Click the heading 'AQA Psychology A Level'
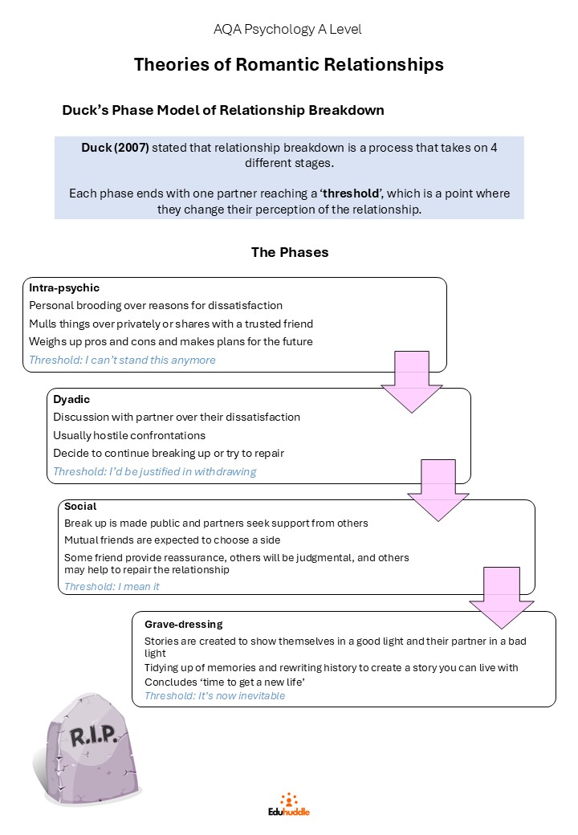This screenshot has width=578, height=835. [x=287, y=29]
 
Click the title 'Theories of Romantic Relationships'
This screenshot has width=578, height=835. [x=288, y=64]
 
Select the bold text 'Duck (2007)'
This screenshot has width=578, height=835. [x=115, y=148]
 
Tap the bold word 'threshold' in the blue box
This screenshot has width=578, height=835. [x=352, y=193]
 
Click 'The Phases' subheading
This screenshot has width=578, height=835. [x=290, y=252]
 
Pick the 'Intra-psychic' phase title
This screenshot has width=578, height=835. [x=64, y=288]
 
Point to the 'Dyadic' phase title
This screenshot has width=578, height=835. [x=71, y=399]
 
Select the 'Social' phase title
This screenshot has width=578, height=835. [x=80, y=506]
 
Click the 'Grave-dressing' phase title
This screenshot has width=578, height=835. [x=184, y=624]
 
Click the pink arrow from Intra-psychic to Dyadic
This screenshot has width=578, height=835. [x=411, y=381]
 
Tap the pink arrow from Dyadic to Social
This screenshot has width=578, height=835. [x=438, y=490]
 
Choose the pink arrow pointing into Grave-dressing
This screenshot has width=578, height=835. [x=502, y=597]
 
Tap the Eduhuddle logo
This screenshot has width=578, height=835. [x=289, y=804]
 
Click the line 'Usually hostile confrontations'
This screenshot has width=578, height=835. [x=129, y=436]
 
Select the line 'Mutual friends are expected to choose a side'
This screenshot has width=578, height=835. [x=172, y=540]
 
